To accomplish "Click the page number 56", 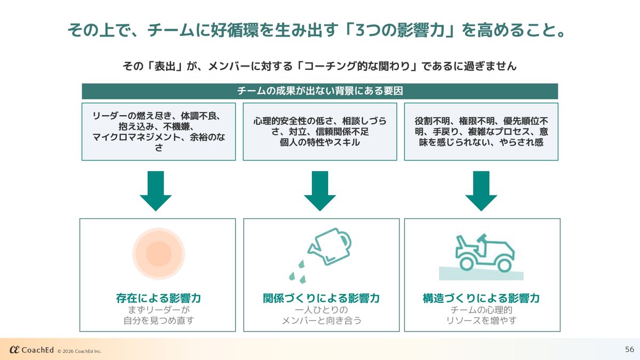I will tap(629, 349).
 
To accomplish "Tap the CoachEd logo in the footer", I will tap(31, 350).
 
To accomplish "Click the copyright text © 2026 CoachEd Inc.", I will tap(79, 351).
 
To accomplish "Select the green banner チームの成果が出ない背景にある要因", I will tap(319, 91).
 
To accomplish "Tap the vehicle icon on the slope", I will tap(484, 252).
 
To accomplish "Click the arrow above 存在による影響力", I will tap(156, 191).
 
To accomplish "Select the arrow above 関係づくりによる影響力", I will tap(320, 191).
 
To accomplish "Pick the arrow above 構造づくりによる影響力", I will tap(481, 191).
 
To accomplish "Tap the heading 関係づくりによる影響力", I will tap(321, 298).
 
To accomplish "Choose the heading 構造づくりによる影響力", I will tap(481, 298).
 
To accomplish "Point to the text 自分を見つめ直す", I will tap(158, 321).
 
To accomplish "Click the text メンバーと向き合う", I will tap(321, 321).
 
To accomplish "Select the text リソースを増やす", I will tap(481, 321).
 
